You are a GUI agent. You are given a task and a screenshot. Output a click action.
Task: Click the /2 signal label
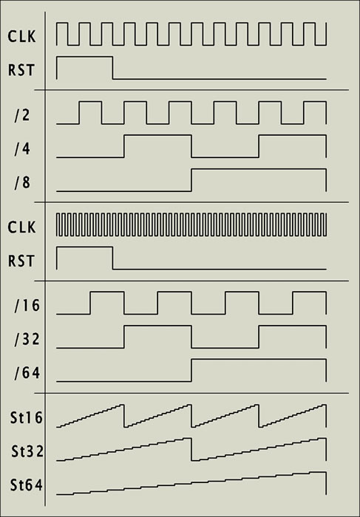tap(22, 115)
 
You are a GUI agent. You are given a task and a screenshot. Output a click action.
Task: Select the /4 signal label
tap(22, 149)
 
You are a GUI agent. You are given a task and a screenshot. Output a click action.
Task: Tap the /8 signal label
tap(22, 182)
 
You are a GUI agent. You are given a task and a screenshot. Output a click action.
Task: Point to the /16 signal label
tap(27, 306)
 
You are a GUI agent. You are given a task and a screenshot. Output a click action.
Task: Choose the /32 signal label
tap(27, 339)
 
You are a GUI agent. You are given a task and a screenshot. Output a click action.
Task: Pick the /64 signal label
tap(27, 373)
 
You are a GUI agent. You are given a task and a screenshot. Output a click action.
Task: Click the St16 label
tap(27, 418)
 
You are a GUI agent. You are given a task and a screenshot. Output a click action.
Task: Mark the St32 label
tap(27, 451)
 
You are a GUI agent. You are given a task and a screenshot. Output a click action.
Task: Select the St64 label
tap(27, 485)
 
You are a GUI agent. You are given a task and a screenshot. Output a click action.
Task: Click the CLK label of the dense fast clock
tap(21, 227)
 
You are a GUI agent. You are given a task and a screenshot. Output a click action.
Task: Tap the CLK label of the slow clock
tap(21, 37)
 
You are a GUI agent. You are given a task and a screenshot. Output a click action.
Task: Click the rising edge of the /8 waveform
tap(191, 179)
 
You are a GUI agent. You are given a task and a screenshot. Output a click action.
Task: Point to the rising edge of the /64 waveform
tap(191, 370)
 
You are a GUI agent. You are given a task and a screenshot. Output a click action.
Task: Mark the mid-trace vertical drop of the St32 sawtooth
tap(191, 449)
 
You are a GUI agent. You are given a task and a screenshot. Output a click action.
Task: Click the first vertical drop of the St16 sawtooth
tap(124, 415)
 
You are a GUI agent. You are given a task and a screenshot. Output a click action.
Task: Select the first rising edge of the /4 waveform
tap(124, 146)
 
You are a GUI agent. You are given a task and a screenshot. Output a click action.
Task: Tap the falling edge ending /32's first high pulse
tap(191, 337)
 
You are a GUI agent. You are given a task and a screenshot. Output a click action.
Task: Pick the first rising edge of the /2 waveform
tap(79, 113)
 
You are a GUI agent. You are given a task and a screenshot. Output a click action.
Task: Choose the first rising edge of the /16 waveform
tap(90, 303)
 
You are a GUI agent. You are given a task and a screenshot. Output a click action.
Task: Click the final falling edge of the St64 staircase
tap(326, 483)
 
